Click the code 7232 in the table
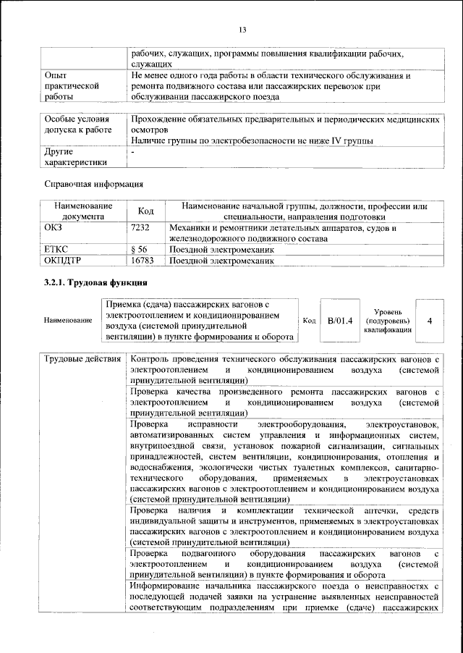pos(140,227)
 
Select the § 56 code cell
pos(139,249)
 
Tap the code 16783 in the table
pos(142,260)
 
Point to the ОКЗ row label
pos(56,227)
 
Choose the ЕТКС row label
pos(57,249)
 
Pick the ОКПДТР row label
pos(64,260)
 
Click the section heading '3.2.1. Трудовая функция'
pos(96,281)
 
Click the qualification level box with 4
pos(430,320)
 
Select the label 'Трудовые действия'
pos(82,360)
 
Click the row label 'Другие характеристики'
pos(75,158)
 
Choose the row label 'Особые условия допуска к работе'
pos(78,124)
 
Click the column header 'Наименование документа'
pos(82,211)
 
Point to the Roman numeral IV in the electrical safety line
pos(336,141)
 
